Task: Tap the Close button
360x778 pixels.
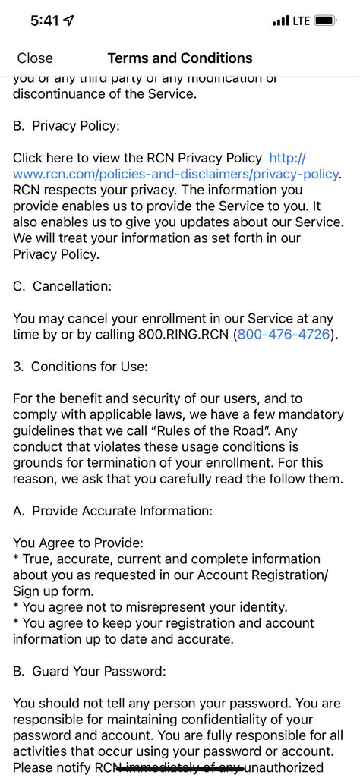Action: point(35,58)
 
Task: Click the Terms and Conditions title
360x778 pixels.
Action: point(180,58)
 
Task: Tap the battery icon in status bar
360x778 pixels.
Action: point(326,21)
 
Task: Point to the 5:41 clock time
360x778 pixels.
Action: point(44,21)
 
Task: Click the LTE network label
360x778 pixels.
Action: point(302,21)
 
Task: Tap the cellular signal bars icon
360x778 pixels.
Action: point(280,21)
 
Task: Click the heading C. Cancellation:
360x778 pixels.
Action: point(73,286)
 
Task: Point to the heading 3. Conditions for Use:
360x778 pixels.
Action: point(81,367)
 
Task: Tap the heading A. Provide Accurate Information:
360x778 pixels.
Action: point(112,511)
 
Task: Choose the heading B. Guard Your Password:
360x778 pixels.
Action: point(90,671)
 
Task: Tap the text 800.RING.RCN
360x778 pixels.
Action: point(183,334)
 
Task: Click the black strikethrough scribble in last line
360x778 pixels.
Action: point(180,767)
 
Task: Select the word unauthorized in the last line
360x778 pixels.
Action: point(296,767)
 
